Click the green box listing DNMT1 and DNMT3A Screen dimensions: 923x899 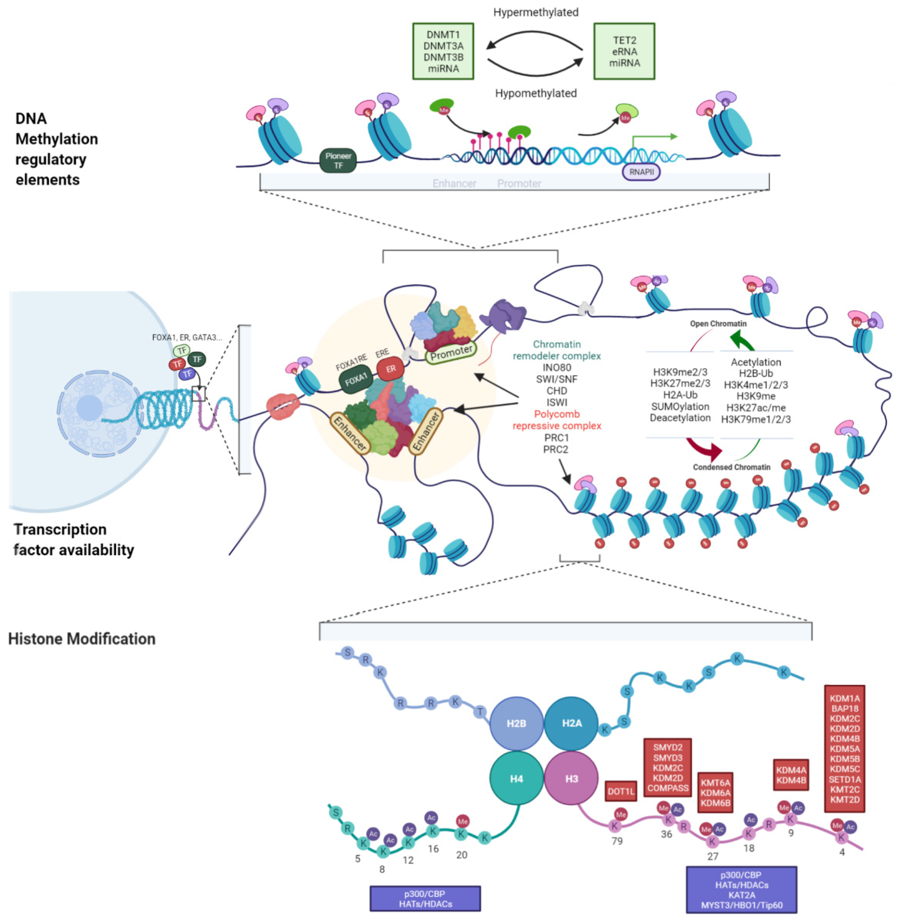point(443,51)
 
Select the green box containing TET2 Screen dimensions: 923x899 point(624,51)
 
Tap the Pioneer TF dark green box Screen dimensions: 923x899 point(338,161)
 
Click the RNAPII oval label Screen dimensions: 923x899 point(641,172)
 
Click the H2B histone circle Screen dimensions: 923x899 point(516,723)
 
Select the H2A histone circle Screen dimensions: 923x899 point(571,723)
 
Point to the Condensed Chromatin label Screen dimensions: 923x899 point(731,467)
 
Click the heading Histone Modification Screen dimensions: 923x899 point(82,639)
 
